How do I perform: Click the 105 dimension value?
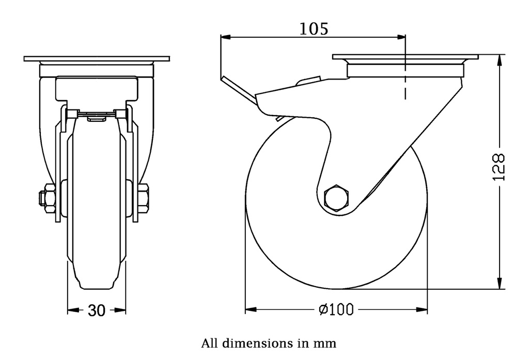[x=314, y=29]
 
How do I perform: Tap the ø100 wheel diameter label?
[x=336, y=310]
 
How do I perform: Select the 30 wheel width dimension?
[x=97, y=310]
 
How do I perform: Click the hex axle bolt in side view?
[x=336, y=197]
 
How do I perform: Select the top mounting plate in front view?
[x=97, y=59]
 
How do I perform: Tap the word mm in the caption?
[x=324, y=343]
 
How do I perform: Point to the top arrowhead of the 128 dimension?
[x=500, y=60]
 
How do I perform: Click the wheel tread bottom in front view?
[x=97, y=287]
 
